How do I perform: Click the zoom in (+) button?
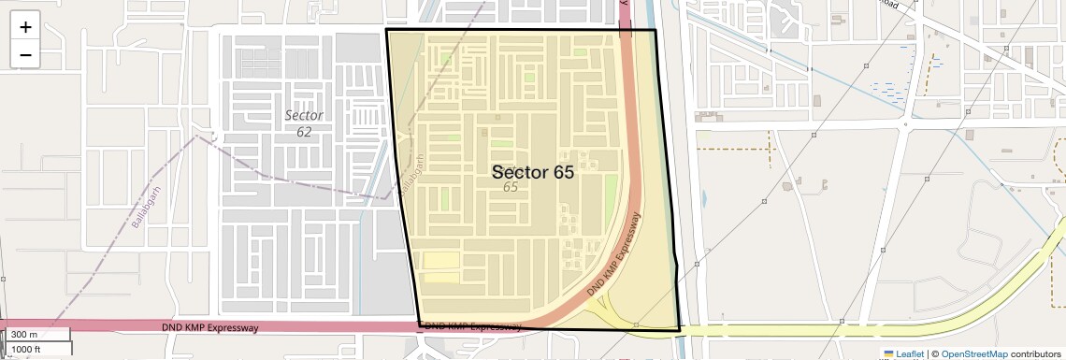tap(25, 27)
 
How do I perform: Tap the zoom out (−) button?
tap(25, 55)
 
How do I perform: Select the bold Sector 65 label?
tap(532, 172)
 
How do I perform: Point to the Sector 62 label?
tap(304, 123)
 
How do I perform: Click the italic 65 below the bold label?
tap(511, 188)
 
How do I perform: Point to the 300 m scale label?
tap(24, 335)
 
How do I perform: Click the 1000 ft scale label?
tap(26, 349)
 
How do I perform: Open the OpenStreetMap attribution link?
tap(973, 354)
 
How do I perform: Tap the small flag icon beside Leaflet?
tap(888, 354)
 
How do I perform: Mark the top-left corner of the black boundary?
tap(386, 30)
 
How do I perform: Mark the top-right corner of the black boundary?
tap(655, 30)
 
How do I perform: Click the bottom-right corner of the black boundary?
tap(680, 330)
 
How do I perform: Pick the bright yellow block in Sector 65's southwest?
tap(442, 261)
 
